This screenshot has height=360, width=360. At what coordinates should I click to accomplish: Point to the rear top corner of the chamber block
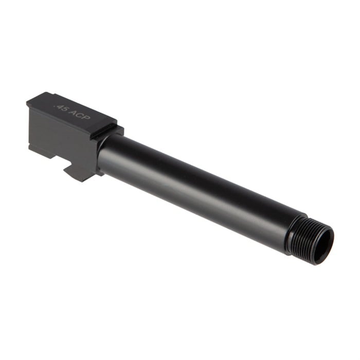[28, 103]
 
